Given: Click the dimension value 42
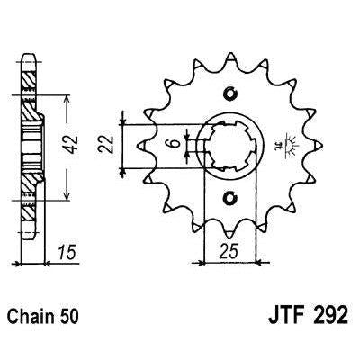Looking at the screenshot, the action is pos(72,145).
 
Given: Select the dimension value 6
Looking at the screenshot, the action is pos(174,143).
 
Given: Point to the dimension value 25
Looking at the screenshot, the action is pos(229,250).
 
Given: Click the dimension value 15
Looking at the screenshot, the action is pos(67,253).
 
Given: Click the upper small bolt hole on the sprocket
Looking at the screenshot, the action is pos(230,94).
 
